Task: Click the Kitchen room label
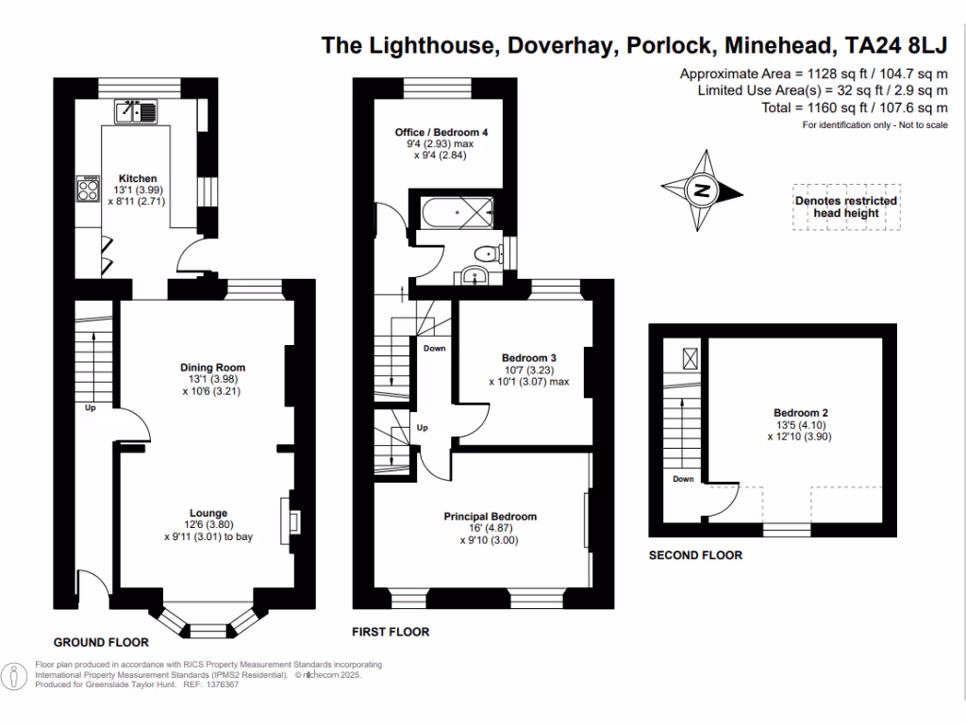[x=137, y=178]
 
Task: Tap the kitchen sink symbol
[x=136, y=113]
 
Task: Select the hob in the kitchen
[x=89, y=190]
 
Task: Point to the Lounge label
[x=212, y=514]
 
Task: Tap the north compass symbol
[x=702, y=190]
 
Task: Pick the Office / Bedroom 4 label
[x=441, y=133]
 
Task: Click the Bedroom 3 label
[x=528, y=358]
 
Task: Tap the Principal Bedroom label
[x=491, y=517]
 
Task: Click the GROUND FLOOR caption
[x=101, y=642]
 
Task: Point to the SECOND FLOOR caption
[x=695, y=555]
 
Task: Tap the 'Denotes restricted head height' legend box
[x=846, y=206]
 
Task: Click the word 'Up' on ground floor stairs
[x=91, y=409]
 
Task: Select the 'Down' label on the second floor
[x=683, y=479]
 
